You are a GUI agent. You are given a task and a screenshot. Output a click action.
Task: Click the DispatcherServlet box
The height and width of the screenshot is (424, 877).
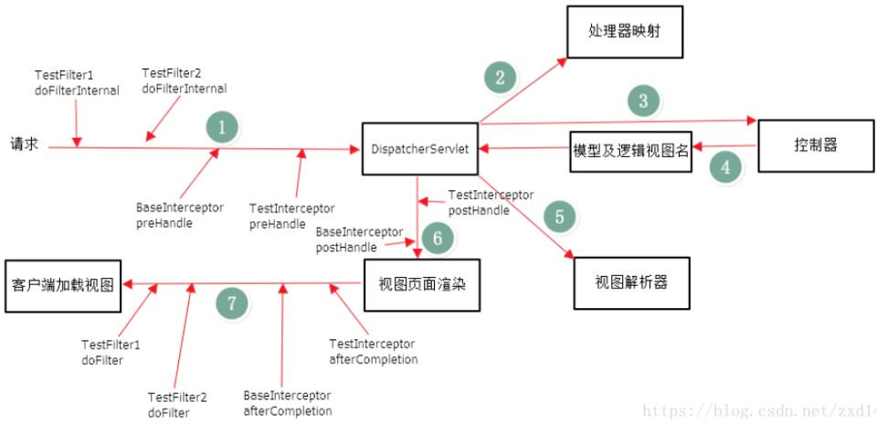point(420,148)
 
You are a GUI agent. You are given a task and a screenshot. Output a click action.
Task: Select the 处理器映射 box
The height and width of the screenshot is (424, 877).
point(625,32)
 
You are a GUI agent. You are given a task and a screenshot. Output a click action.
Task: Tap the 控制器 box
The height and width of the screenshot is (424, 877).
point(816,145)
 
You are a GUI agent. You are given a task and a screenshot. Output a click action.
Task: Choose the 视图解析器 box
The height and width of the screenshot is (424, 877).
point(632,283)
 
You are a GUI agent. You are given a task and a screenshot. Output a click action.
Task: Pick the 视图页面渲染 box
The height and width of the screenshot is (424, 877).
point(422,285)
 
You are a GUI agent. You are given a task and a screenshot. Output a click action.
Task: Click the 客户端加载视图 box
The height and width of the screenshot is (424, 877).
point(63,286)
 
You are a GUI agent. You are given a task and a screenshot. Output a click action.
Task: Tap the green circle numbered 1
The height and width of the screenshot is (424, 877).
point(221,128)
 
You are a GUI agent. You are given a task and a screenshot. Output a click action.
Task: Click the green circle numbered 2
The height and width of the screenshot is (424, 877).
point(500,78)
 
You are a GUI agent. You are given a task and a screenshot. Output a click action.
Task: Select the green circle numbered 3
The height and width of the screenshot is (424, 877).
point(643,101)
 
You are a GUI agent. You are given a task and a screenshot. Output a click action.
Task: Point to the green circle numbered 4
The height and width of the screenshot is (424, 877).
point(725,167)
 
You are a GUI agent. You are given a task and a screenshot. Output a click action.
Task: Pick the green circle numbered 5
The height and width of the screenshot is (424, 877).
point(559,217)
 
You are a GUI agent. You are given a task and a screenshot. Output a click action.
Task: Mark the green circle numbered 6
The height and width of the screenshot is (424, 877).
point(438,238)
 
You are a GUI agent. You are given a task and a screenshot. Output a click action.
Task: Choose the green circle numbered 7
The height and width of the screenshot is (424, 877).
point(231,303)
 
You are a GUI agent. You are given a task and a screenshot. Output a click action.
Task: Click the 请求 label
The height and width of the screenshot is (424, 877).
point(25,144)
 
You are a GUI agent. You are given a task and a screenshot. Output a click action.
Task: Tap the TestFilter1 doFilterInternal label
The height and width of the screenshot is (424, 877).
point(77,83)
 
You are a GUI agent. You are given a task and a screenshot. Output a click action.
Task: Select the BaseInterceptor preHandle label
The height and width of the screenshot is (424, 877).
point(180,216)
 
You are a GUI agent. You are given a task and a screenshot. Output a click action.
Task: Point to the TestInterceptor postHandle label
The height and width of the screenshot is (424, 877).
point(491,203)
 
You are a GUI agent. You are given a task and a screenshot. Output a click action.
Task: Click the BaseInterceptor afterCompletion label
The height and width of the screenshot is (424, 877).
point(288,403)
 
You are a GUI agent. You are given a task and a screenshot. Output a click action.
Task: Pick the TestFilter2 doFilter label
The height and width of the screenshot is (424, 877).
point(177,406)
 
